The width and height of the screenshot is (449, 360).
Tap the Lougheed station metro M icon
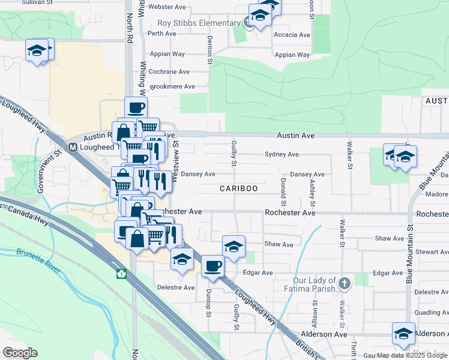[73, 147]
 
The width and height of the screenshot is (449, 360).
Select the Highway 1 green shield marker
[121, 274]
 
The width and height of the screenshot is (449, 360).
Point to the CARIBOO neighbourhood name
[238, 188]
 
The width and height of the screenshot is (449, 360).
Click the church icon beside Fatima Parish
[345, 282]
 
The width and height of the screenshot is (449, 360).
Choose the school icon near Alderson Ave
[403, 332]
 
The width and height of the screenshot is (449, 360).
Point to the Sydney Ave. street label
[282, 154]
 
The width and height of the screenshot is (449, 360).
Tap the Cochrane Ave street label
[169, 71]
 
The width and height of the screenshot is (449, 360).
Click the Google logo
[20, 353]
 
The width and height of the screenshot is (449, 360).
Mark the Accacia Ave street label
[292, 35]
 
